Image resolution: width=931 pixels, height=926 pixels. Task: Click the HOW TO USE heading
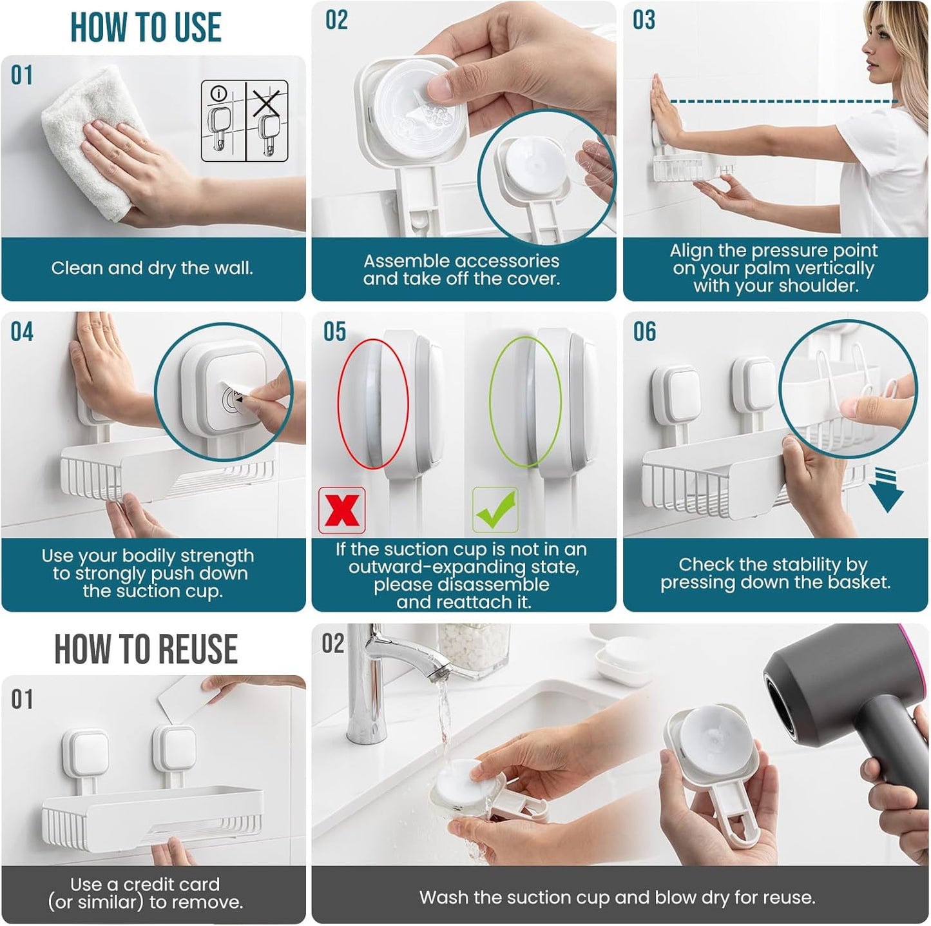coord(146,28)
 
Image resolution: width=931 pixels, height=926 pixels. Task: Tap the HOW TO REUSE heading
coord(146,649)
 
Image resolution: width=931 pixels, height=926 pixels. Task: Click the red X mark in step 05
coord(342,510)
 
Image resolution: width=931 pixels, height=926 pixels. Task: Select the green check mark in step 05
coord(495,509)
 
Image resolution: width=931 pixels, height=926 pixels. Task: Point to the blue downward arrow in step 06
coord(887,491)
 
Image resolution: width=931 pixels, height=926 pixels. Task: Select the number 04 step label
coord(22,332)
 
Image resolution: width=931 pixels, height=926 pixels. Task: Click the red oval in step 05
coord(373,403)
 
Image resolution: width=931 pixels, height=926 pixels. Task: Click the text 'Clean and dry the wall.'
coord(152,268)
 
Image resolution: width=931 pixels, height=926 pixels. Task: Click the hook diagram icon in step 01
coord(244,121)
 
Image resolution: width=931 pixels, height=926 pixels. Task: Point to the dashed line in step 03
coord(783,102)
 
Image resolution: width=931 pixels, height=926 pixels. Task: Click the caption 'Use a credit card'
coord(145,884)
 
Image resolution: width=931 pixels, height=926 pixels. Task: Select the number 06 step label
coord(644,332)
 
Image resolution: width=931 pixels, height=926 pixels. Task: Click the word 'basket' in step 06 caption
coord(858,582)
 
